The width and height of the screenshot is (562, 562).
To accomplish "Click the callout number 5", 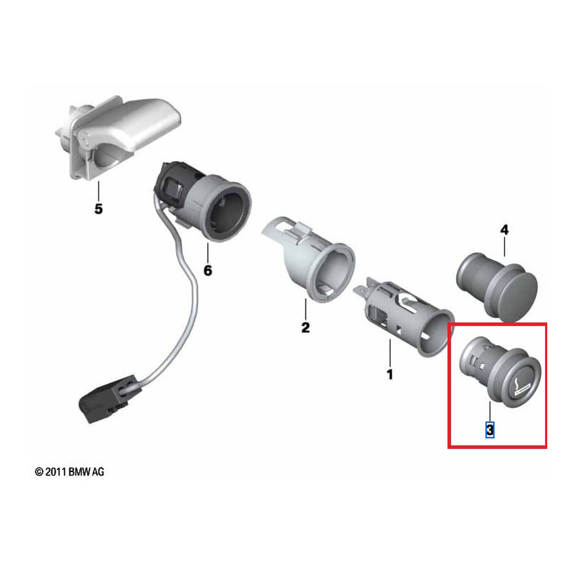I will pos(98,209).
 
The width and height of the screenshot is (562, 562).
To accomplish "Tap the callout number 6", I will pos(207,270).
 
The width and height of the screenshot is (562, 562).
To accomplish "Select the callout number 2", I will pos(305,327).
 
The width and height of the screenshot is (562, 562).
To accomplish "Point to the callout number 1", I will pos(390,374).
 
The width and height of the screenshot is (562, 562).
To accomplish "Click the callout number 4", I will pos(504,230).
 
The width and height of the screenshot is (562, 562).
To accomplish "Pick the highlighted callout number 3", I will pos(490,429).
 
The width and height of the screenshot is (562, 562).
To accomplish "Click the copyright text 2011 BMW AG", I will pos(70,472).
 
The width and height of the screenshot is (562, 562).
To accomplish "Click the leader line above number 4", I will pos(504,246).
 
